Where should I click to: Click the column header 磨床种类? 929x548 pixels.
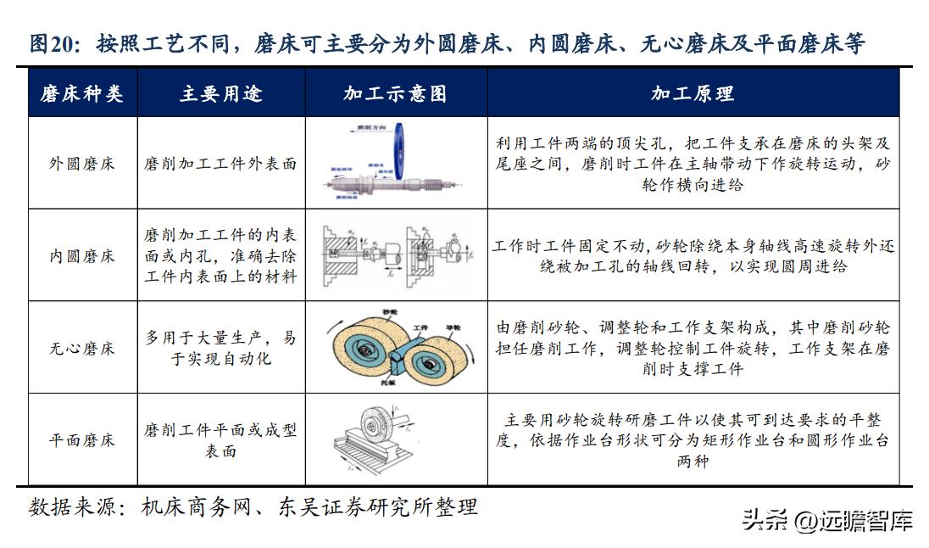[82, 93]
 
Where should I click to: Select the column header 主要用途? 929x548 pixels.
[220, 93]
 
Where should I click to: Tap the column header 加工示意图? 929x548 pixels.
[395, 93]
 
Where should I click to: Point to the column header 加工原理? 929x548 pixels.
[693, 93]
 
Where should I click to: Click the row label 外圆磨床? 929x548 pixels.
[82, 164]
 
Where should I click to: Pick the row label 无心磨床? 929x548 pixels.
[82, 348]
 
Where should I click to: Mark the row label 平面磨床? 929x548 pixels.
[82, 440]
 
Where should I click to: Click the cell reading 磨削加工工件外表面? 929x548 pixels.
[220, 164]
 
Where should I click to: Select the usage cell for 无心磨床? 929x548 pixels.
[220, 348]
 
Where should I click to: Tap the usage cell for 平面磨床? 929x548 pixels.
[220, 440]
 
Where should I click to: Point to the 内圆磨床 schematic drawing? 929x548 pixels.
[395, 255]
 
